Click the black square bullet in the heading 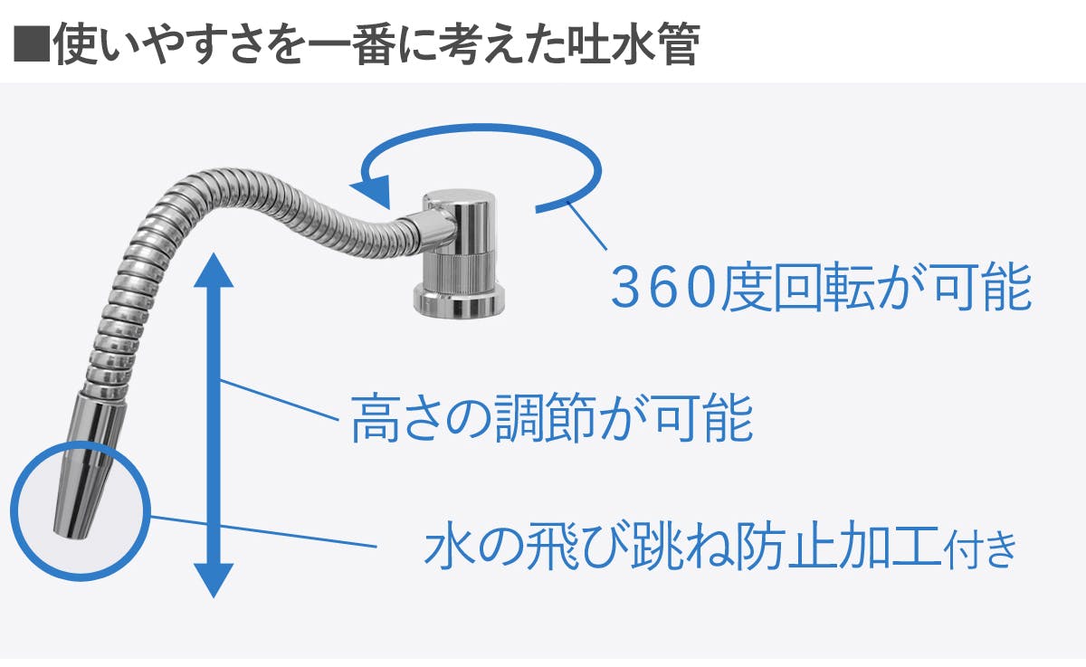[32, 43]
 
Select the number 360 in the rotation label [664, 287]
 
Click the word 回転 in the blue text [824, 287]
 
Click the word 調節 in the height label [544, 418]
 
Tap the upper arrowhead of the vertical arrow [214, 271]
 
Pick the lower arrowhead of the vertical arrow [214, 581]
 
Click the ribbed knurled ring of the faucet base [461, 272]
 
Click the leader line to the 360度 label [587, 226]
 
